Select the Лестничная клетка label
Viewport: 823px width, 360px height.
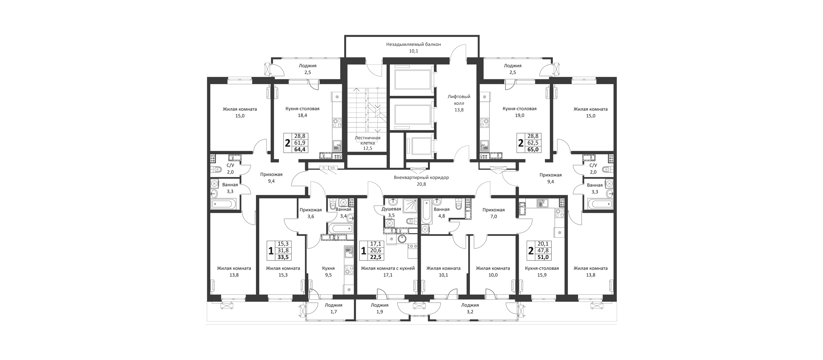click(x=367, y=141)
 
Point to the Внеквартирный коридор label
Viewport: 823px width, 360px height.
click(x=421, y=178)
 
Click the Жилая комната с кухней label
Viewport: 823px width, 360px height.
click(x=388, y=268)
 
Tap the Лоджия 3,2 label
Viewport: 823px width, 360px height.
click(x=470, y=308)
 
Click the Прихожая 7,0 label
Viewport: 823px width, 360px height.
click(x=494, y=213)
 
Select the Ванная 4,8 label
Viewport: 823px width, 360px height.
click(x=441, y=212)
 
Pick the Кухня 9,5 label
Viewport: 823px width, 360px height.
click(x=328, y=271)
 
